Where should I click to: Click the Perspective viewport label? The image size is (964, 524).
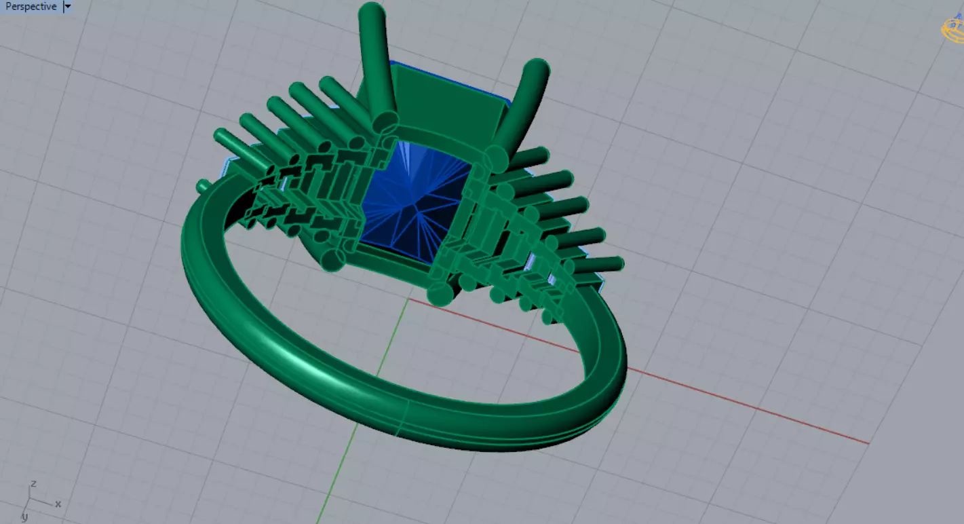click(x=31, y=7)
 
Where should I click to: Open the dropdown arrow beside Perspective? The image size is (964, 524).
click(x=67, y=7)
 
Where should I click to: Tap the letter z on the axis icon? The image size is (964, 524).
click(x=33, y=484)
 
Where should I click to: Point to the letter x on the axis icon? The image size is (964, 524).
click(x=58, y=504)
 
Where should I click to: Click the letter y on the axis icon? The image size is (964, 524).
click(x=24, y=517)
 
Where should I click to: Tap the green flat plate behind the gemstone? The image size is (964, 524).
click(x=448, y=102)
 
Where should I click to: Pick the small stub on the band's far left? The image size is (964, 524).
click(x=203, y=185)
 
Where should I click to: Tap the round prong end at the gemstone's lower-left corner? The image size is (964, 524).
click(x=333, y=259)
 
